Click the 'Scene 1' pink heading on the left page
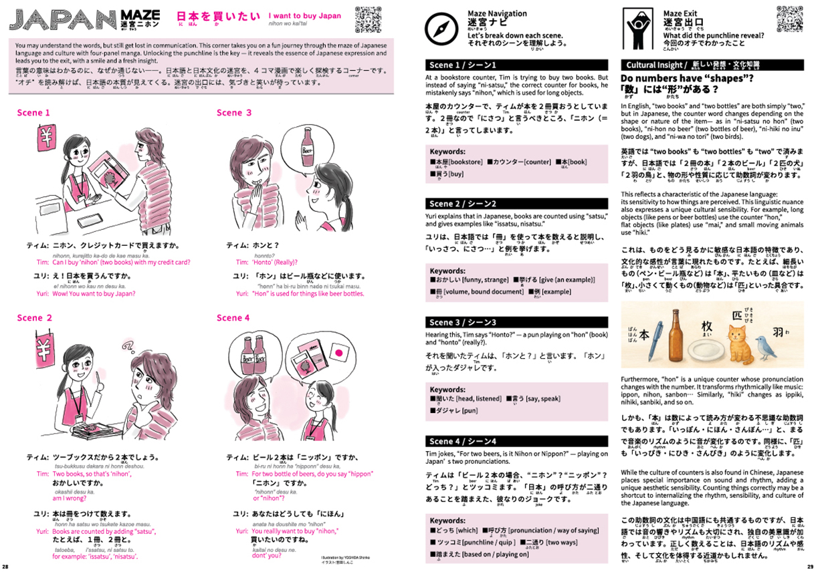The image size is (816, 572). [33, 113]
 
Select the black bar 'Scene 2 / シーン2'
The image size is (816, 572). [516, 204]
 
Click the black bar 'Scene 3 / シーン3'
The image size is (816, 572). [516, 322]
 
